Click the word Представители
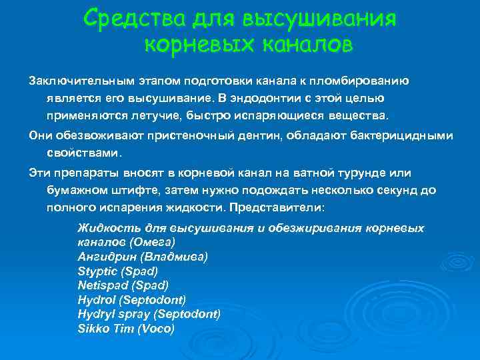click(285, 207)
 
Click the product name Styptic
click(97, 271)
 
